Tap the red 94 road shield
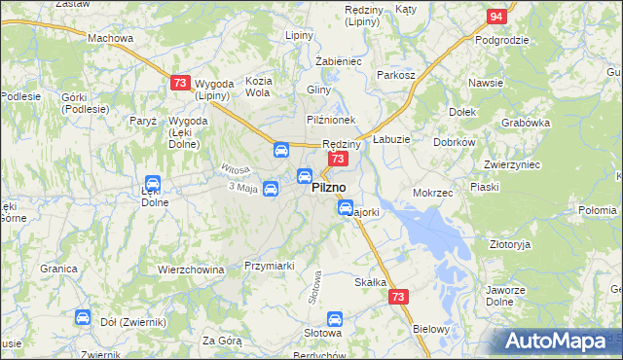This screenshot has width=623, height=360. pos(496,17)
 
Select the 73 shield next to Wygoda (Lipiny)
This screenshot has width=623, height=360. pos(179,84)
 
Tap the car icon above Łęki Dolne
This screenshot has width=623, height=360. pos(153,183)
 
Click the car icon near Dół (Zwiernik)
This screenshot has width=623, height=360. pos(83,317)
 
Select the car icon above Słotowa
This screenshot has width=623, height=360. pos(335,318)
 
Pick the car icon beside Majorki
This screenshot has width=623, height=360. pos(346,207)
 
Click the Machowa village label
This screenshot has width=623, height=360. pos(110,38)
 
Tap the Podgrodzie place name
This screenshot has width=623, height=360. pos(501,40)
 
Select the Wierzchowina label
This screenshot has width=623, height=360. pos(191,270)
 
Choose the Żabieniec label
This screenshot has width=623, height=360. pos(339,60)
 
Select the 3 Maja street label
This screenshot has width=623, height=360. pos(241,187)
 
